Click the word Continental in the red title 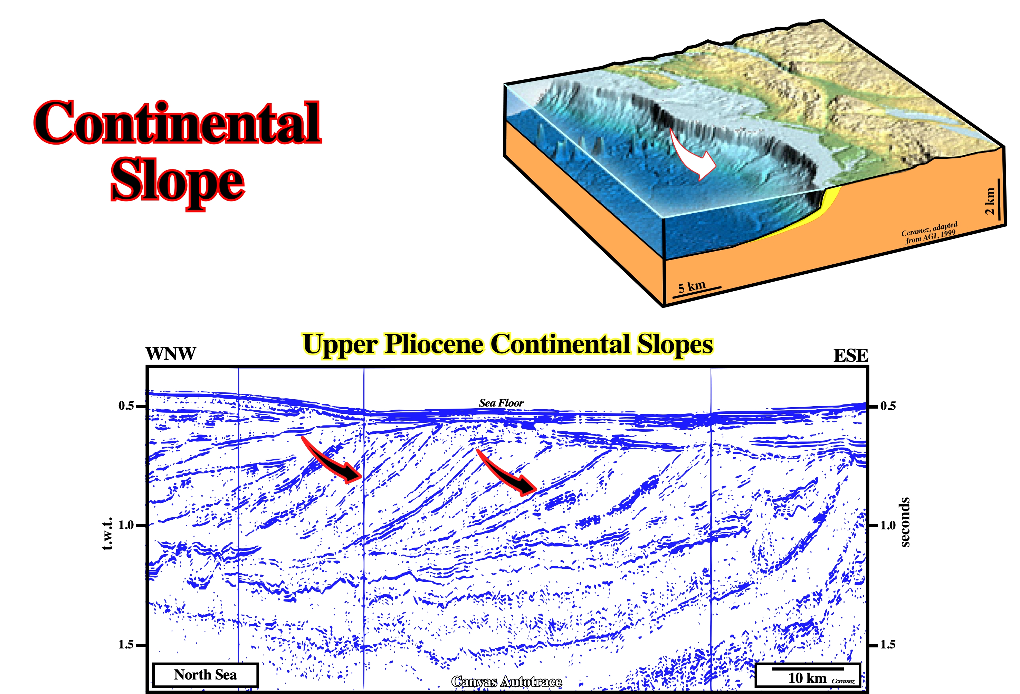pos(178,123)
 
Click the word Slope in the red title pos(178,182)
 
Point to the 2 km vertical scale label pos(990,201)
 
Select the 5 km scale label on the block pos(692,287)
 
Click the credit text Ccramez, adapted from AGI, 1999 pos(930,232)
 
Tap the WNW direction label pos(171,354)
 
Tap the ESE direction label pos(851,355)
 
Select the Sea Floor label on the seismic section pos(501,403)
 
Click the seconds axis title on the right pos(905,522)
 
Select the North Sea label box pos(206,675)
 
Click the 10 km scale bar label pos(807,678)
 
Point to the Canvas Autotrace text pos(506,682)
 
